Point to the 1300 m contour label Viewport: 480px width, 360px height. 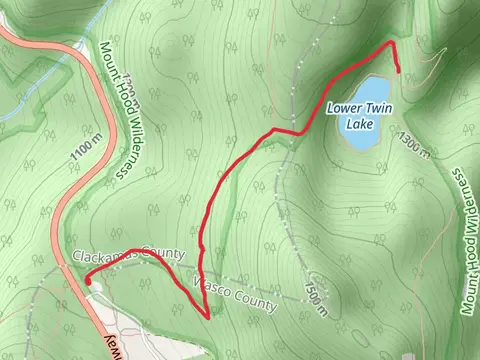pyautogui.click(x=415, y=144)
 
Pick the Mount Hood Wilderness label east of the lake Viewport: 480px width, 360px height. pyautogui.click(x=466, y=240)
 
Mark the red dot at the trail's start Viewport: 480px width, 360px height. pyautogui.click(x=88, y=282)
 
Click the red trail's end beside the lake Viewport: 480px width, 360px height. pyautogui.click(x=399, y=71)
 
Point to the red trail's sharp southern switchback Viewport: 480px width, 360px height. pyautogui.click(x=207, y=317)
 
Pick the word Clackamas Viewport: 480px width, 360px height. pyautogui.click(x=108, y=256)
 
